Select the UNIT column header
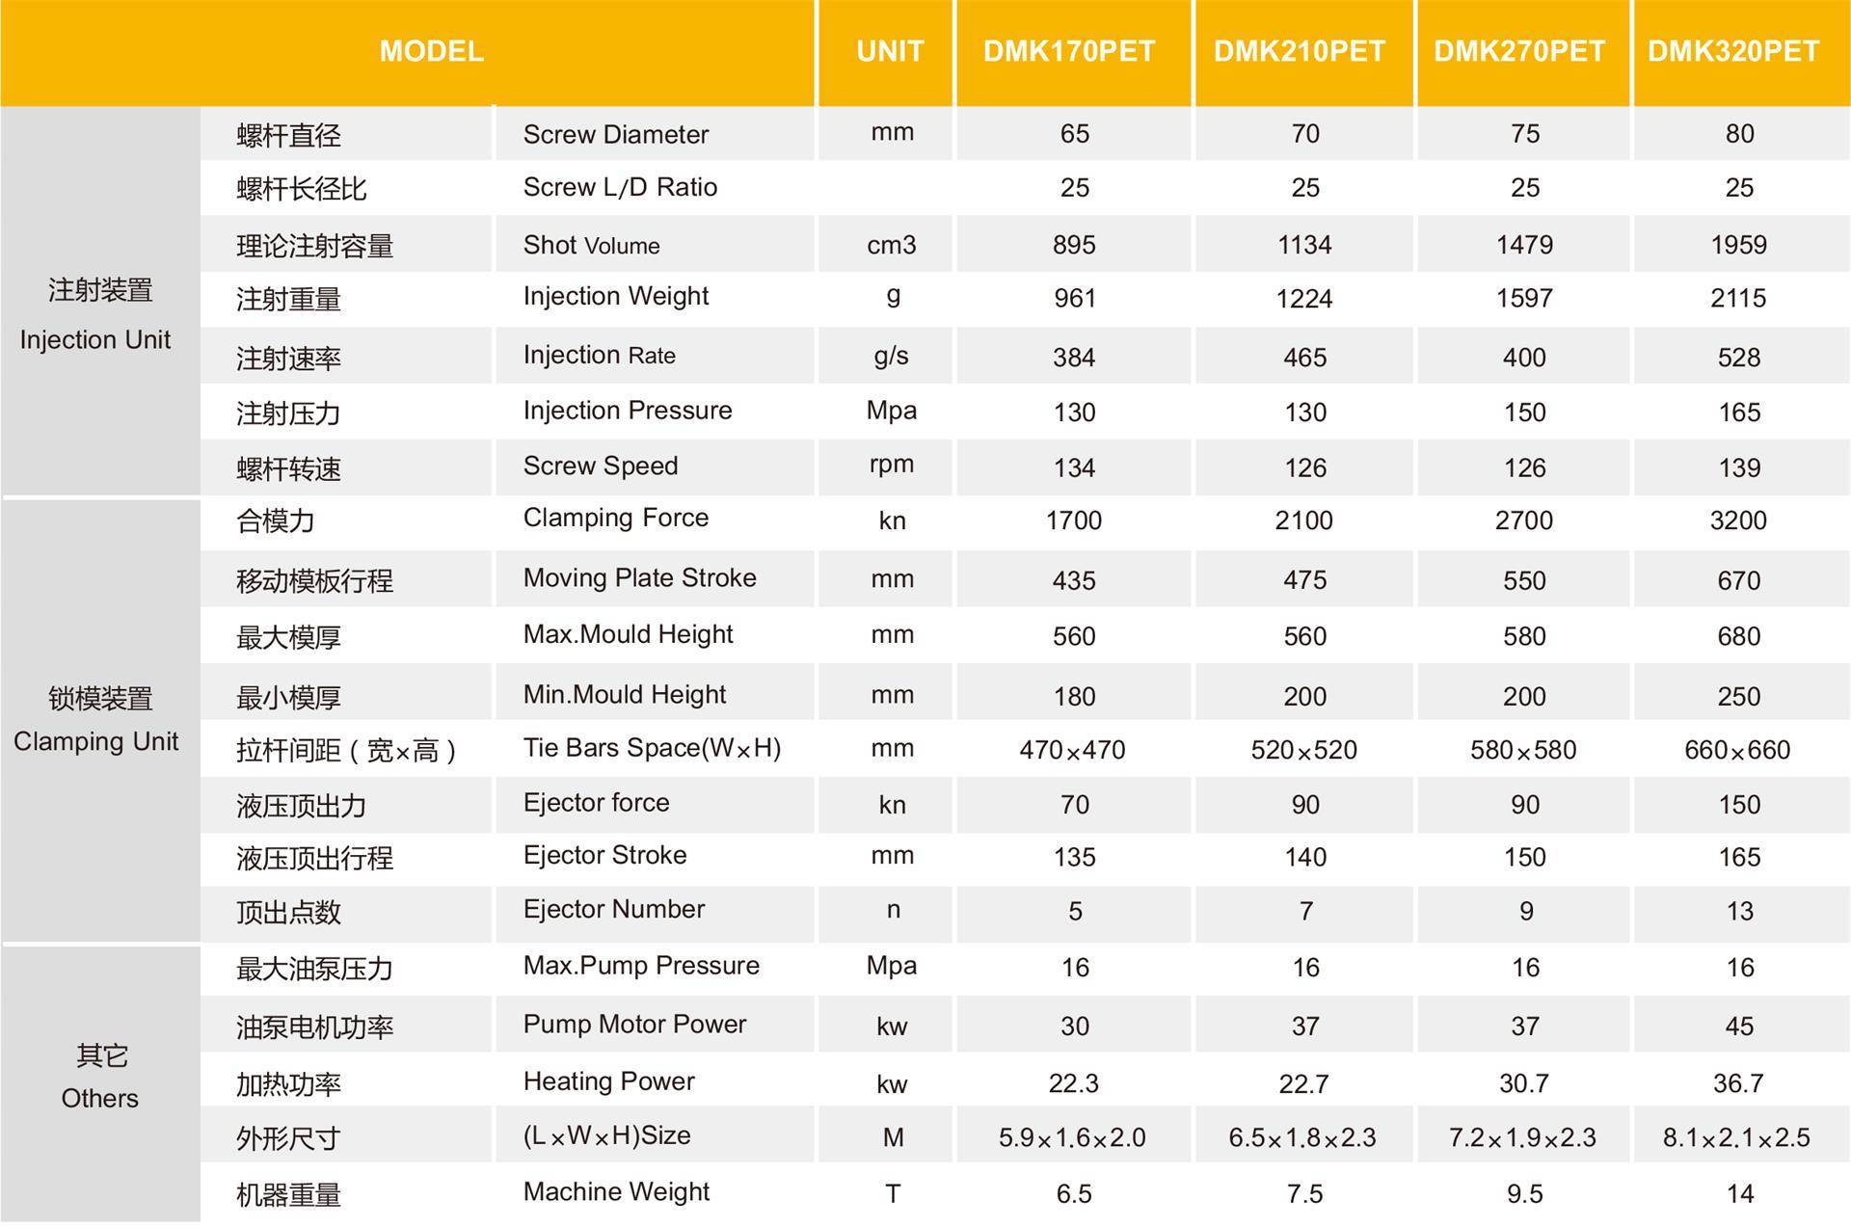[890, 51]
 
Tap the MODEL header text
[431, 51]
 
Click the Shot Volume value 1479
[1524, 245]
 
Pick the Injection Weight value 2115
[1738, 299]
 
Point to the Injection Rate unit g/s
[891, 356]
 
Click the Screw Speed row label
[600, 466]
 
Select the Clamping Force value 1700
[1073, 521]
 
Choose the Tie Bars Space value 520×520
[1303, 750]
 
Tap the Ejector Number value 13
[1739, 911]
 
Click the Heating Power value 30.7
[1523, 1083]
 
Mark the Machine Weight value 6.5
[1074, 1194]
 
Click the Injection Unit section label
[95, 340]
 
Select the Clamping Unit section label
[95, 741]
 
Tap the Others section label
[99, 1098]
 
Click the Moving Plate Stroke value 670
[1738, 580]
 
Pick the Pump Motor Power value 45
[1739, 1027]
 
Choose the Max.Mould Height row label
[628, 634]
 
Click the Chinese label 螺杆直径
[288, 135]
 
